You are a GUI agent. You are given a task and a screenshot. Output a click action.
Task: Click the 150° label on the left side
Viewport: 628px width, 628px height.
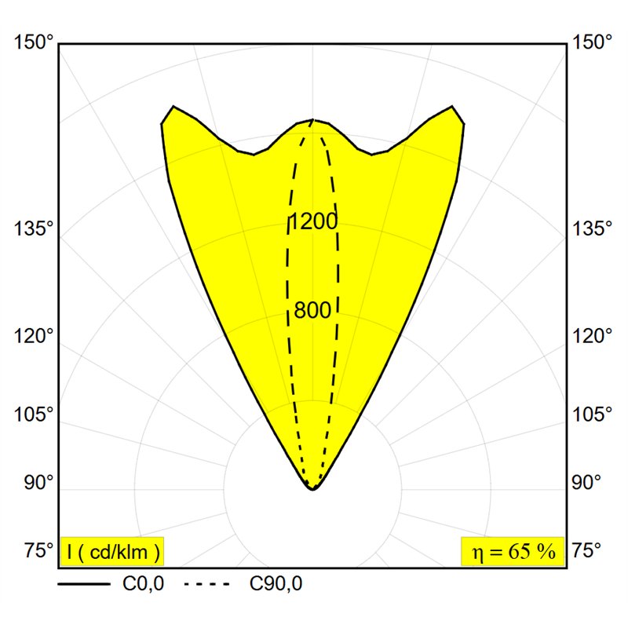[x=34, y=42]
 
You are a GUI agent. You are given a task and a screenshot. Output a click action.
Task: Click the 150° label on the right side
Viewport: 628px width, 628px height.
[x=592, y=42]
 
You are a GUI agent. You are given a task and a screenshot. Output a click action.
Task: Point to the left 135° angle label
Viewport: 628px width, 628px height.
[x=34, y=228]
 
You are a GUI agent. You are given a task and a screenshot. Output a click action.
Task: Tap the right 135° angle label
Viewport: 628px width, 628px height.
[x=592, y=228]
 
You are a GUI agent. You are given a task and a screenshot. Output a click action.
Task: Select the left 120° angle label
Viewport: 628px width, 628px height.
[x=34, y=335]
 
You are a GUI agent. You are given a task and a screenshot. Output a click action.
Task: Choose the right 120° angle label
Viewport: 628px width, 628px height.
[x=592, y=335]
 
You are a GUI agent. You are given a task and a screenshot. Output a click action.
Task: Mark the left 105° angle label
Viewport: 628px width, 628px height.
[x=34, y=414]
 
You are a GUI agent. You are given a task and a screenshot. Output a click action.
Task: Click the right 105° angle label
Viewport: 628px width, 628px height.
[x=592, y=414]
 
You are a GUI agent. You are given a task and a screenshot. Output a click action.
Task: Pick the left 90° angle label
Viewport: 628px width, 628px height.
[x=38, y=482]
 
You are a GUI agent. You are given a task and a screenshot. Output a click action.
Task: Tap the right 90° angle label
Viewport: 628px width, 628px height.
[x=586, y=482]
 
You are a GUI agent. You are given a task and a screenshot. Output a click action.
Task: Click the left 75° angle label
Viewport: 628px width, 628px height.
[x=38, y=550]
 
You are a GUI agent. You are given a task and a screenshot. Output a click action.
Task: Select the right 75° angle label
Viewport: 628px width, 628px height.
[x=586, y=550]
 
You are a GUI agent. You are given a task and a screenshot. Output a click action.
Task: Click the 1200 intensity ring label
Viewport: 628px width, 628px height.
[x=312, y=221]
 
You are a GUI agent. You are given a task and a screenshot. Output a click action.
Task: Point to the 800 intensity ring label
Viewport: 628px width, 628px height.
[x=312, y=310]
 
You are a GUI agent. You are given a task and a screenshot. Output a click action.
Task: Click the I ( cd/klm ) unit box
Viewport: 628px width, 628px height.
[x=112, y=552]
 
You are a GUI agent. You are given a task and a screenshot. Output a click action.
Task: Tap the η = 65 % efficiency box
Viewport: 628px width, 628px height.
[x=513, y=552]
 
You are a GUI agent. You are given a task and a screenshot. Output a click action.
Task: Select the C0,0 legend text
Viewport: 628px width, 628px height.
[x=144, y=584]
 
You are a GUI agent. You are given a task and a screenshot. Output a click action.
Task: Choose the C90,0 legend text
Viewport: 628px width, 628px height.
[x=276, y=584]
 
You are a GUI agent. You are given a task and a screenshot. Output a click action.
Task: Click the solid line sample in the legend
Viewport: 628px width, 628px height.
[x=84, y=584]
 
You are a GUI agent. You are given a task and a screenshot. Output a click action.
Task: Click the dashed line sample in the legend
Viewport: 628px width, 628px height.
[x=207, y=584]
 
